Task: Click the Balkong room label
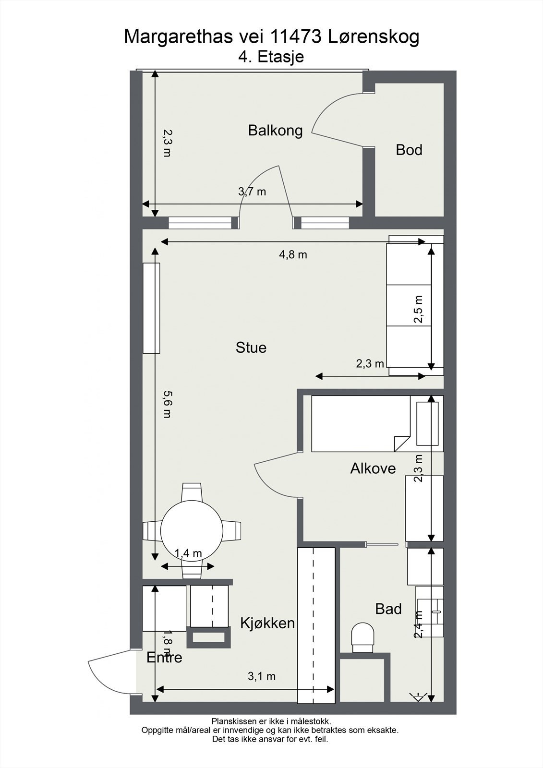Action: click(x=275, y=131)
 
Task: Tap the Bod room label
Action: click(x=409, y=150)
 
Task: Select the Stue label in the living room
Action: click(x=251, y=348)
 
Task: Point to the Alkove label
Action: click(x=373, y=468)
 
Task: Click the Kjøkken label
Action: click(x=267, y=623)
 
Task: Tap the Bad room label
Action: click(x=388, y=609)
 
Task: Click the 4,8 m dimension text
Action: click(x=293, y=255)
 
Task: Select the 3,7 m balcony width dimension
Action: click(x=252, y=192)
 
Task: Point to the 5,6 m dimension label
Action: click(x=167, y=404)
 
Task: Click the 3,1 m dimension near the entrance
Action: click(x=262, y=676)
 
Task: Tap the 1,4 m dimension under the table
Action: click(x=188, y=553)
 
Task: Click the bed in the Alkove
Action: click(x=360, y=423)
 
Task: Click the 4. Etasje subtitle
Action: click(x=271, y=57)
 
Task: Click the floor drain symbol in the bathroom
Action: click(x=418, y=696)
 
